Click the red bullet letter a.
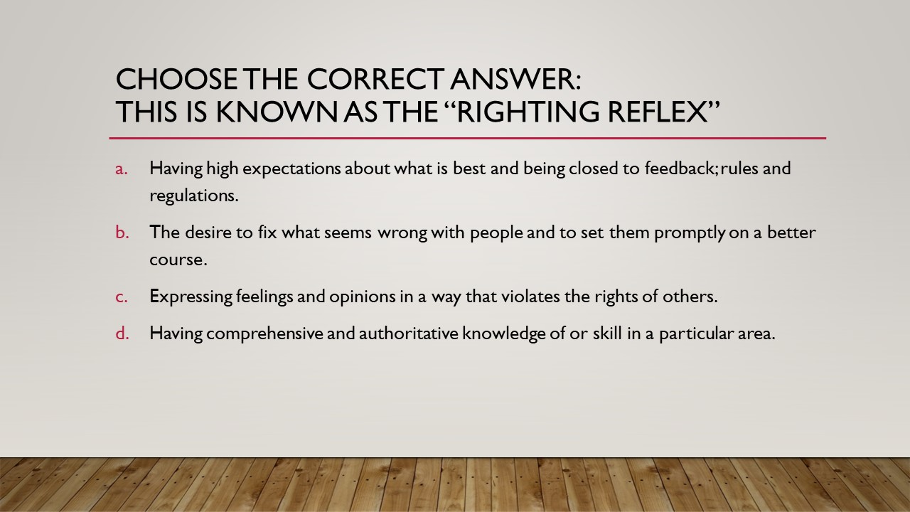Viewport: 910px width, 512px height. click(122, 169)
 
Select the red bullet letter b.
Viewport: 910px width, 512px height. click(122, 233)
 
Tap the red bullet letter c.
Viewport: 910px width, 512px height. click(122, 297)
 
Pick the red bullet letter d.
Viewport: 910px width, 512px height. click(122, 333)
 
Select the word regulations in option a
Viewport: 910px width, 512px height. click(193, 196)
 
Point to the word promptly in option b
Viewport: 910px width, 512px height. click(692, 233)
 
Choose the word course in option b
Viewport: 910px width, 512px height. click(178, 260)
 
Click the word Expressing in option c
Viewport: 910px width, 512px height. click(191, 297)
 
